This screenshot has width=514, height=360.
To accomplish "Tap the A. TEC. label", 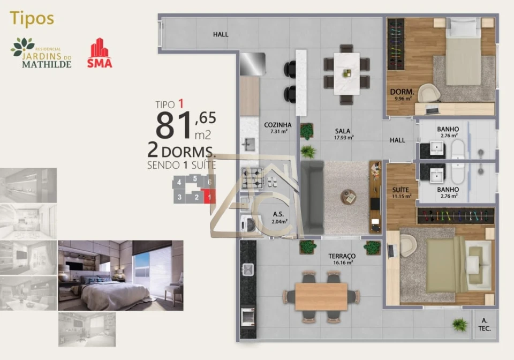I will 485,325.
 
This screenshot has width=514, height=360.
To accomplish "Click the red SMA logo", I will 100,53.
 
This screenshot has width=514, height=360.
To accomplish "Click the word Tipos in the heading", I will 32,18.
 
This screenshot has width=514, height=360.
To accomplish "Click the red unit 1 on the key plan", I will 209,197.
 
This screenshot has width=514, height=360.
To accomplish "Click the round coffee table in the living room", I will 349,197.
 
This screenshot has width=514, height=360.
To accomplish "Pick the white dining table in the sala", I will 346,73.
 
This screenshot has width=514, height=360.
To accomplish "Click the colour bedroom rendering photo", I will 120,275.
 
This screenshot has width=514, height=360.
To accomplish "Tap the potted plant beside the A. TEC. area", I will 459,324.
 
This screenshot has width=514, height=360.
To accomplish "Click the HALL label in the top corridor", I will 221,34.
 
